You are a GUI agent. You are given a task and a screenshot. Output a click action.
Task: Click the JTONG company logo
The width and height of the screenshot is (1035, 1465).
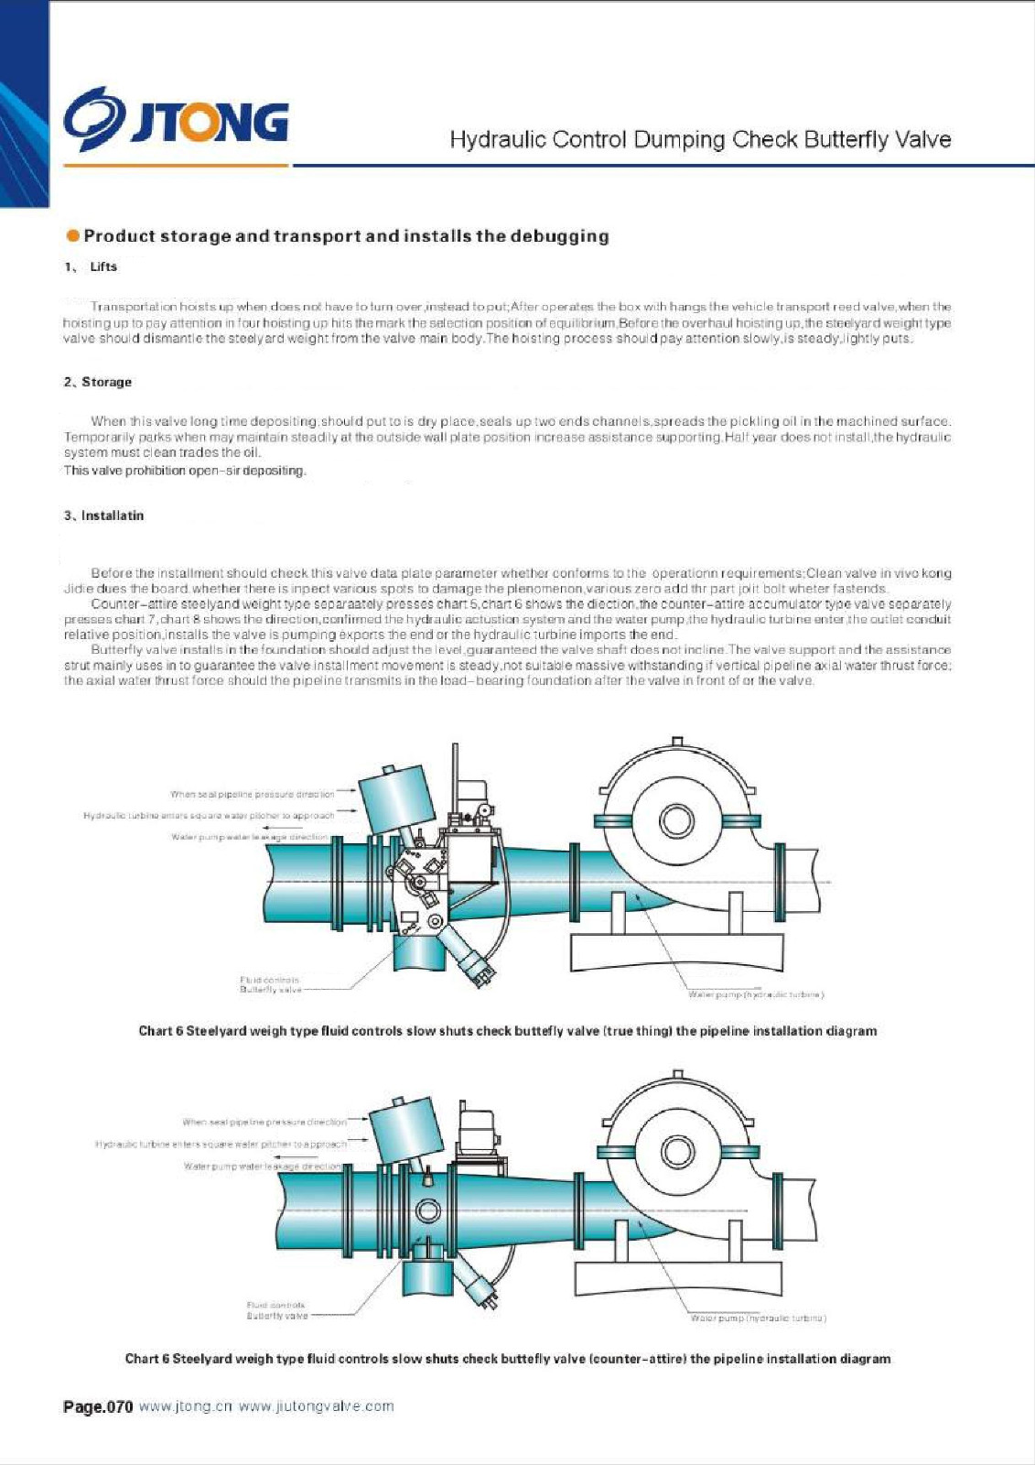point(177,119)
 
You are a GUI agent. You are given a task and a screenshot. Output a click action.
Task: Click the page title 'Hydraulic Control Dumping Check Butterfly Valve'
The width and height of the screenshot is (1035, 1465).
point(700,140)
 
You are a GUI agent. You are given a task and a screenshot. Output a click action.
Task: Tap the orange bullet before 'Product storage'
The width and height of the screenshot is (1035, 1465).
point(72,236)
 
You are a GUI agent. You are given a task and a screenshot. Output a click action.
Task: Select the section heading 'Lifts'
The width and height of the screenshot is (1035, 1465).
point(103,266)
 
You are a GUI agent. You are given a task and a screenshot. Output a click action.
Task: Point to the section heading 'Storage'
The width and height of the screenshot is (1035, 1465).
point(106,382)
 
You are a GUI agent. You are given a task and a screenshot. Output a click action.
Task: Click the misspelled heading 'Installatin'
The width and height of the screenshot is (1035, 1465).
point(112,515)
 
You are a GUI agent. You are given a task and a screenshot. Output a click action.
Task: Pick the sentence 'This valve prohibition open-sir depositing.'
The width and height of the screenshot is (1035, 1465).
point(185,471)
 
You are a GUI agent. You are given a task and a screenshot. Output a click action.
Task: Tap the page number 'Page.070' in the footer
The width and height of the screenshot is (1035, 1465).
point(98,1406)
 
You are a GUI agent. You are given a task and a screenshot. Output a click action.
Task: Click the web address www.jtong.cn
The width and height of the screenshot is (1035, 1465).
point(186,1406)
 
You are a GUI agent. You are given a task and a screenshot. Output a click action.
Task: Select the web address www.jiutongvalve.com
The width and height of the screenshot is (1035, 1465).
point(316,1406)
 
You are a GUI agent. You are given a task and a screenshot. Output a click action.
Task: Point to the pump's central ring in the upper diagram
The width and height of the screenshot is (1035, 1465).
point(676,819)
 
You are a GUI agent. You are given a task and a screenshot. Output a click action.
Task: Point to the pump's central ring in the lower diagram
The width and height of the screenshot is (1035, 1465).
point(678,1149)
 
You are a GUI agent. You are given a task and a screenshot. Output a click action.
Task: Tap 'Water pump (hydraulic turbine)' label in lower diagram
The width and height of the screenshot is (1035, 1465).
point(759,1318)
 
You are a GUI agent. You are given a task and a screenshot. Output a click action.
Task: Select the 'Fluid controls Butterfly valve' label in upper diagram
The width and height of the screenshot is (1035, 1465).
point(270,985)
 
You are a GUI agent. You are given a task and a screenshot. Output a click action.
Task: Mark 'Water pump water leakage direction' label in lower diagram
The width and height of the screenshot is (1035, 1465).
point(263,1167)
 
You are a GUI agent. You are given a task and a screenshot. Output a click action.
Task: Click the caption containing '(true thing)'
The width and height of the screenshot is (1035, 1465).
point(507,1031)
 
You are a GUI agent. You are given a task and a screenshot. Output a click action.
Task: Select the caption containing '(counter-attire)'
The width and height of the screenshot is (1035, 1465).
point(507,1359)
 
